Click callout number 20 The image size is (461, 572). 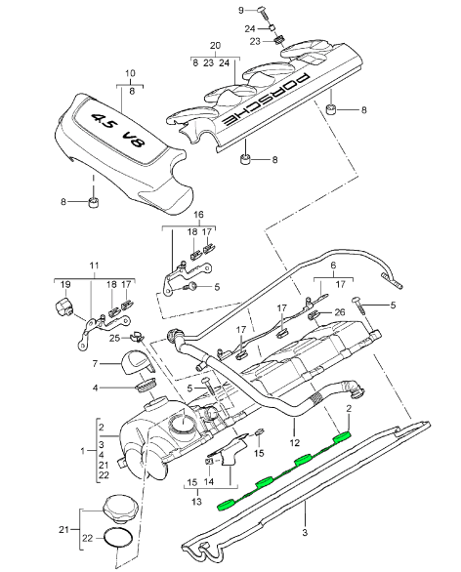coord(215,46)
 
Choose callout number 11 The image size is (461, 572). coord(95,265)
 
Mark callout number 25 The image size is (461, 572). coord(115,338)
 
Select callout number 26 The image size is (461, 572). coord(339,312)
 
